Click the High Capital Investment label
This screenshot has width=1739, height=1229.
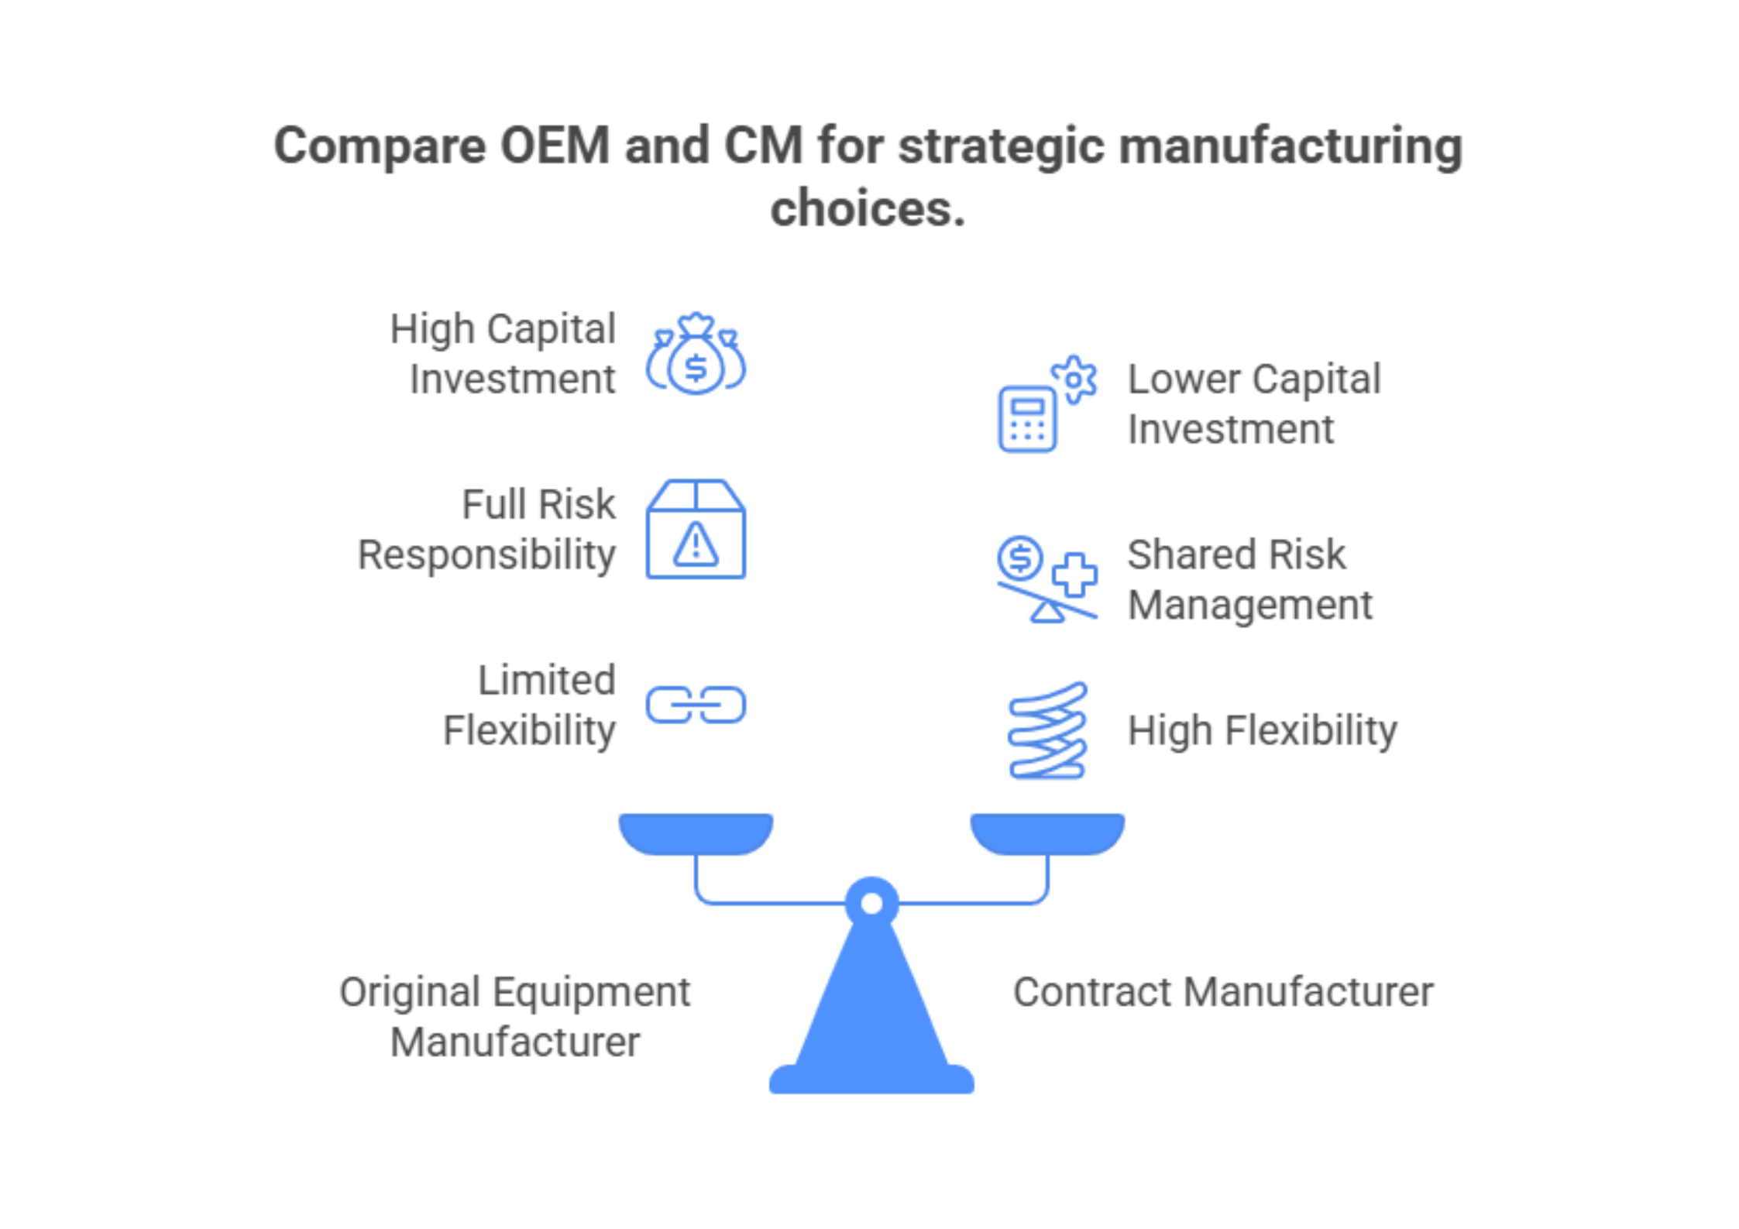[x=503, y=354]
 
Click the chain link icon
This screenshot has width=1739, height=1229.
[x=696, y=705]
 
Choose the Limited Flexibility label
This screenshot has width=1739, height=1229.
[x=531, y=705]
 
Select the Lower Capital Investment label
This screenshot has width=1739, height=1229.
[x=1253, y=404]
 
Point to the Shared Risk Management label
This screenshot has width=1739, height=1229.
[x=1249, y=579]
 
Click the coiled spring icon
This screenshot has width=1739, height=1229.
[x=1047, y=730]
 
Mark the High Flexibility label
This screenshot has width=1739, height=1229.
[x=1263, y=730]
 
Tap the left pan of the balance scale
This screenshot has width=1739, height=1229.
[x=696, y=833]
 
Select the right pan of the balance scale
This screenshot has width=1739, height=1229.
[x=1047, y=833]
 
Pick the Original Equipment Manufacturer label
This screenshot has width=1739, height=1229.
[x=515, y=1016]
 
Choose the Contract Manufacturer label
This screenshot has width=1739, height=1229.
[x=1223, y=992]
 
